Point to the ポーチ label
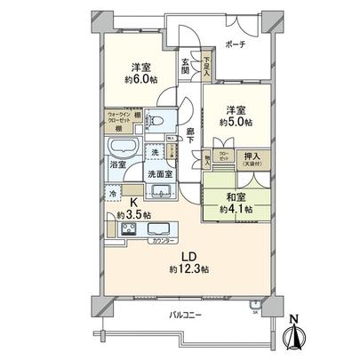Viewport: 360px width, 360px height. [x=236, y=44]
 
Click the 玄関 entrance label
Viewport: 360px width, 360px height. [x=185, y=67]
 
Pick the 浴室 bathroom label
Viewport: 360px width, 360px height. [x=117, y=165]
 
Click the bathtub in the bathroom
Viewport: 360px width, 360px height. [x=120, y=146]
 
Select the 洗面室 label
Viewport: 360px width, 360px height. [x=159, y=172]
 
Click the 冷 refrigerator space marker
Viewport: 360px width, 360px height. [x=113, y=192]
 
